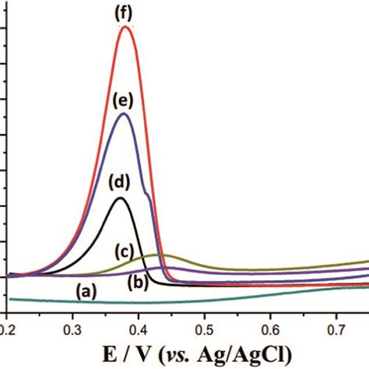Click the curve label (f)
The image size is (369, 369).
(x=125, y=12)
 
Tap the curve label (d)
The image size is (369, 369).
(x=119, y=184)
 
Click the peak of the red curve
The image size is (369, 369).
(x=125, y=27)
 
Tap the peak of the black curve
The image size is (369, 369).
(x=120, y=199)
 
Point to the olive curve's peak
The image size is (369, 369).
(x=160, y=255)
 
